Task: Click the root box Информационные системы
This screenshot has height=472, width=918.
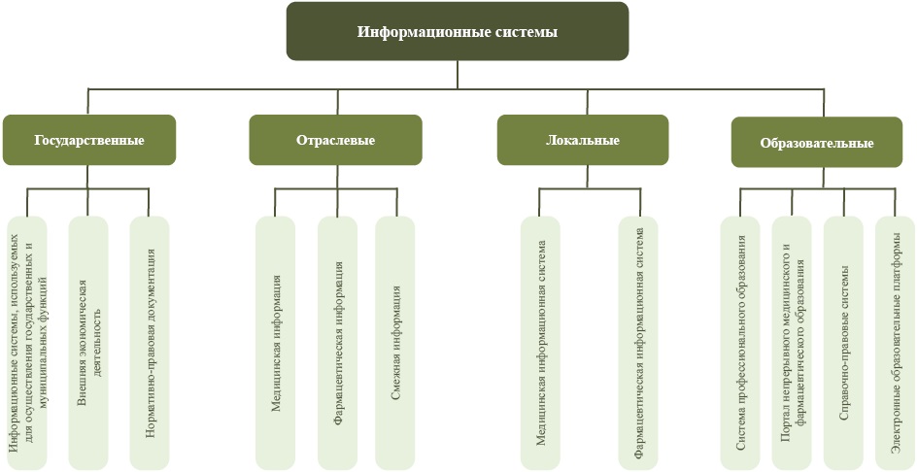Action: pos(458,31)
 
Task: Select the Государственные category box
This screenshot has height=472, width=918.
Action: pos(89,140)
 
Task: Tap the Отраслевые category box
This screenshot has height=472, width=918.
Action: pos(335,140)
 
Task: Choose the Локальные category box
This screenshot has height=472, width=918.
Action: pos(583,140)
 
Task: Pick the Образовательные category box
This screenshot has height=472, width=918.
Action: pos(816,143)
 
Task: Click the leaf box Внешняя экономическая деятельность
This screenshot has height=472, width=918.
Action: pos(88,342)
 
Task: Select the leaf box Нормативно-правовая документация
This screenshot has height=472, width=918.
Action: pos(150,342)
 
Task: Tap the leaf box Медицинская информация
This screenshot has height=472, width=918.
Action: pos(276,342)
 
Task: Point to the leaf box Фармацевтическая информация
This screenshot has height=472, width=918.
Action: pos(337,342)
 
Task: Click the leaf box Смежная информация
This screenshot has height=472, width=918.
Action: pos(395,342)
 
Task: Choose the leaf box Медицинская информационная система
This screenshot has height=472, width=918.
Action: pos(540,342)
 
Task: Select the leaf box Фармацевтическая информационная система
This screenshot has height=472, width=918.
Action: pos(638,342)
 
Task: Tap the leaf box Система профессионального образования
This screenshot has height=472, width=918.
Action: pos(740,342)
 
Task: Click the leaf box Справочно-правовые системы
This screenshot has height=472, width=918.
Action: pos(843,342)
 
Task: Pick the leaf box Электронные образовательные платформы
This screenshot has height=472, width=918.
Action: pos(896,342)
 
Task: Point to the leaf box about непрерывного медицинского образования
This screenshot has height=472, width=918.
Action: pos(792,342)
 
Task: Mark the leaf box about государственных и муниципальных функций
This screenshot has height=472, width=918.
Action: pos(27,342)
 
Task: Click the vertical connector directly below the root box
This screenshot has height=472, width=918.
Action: pos(458,74)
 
